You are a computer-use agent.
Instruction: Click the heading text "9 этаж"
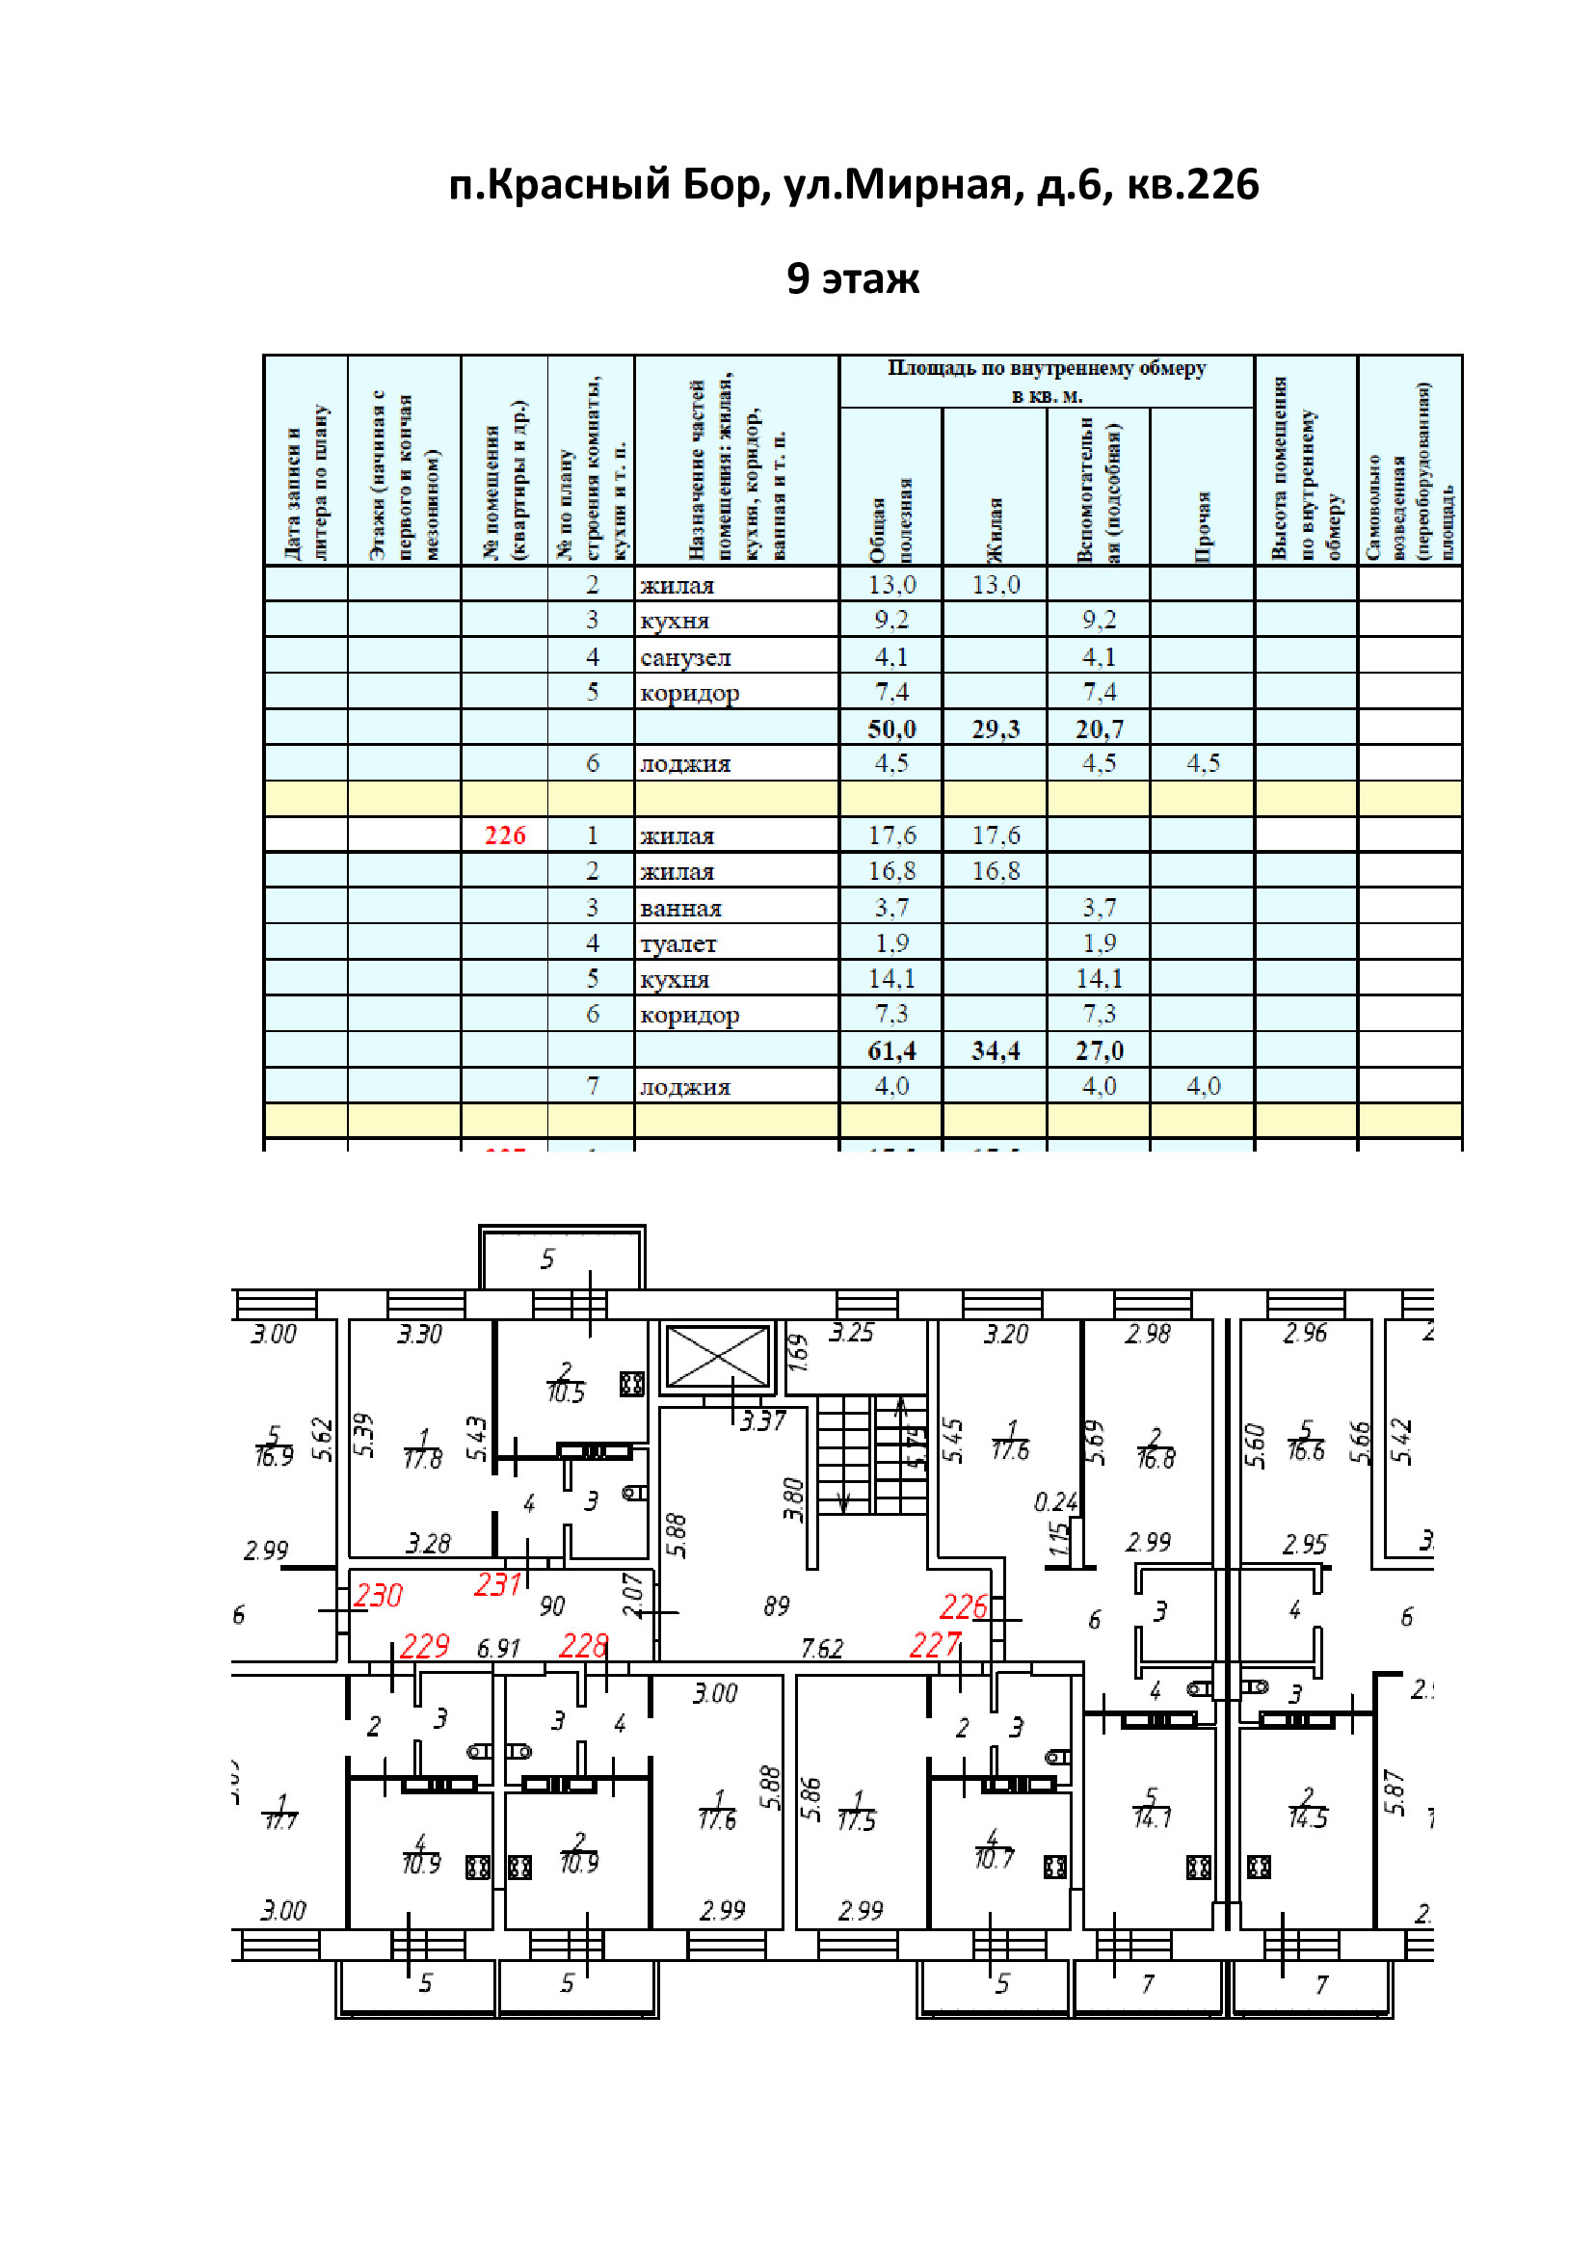(x=852, y=278)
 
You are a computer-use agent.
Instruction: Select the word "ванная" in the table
(x=680, y=908)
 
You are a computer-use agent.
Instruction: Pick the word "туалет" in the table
(x=677, y=943)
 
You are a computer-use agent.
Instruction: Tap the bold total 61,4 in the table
(x=891, y=1050)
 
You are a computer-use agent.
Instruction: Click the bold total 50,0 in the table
(x=891, y=729)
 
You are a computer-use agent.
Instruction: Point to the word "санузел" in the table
(x=685, y=657)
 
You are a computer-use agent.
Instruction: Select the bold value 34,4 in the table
(x=996, y=1050)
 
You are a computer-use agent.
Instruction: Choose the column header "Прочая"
(x=1203, y=526)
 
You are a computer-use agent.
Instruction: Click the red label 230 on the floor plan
(x=378, y=1595)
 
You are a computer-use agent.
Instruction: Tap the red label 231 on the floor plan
(x=497, y=1584)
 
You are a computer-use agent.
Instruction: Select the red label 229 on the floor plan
(x=424, y=1645)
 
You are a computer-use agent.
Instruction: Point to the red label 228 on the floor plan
(x=583, y=1645)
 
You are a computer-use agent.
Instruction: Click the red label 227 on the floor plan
(x=935, y=1644)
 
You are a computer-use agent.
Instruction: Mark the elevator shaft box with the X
(x=718, y=1357)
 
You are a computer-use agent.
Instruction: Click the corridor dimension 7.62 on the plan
(x=821, y=1648)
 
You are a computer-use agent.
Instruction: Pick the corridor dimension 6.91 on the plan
(x=498, y=1648)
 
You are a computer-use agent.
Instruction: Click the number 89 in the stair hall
(x=777, y=1606)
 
